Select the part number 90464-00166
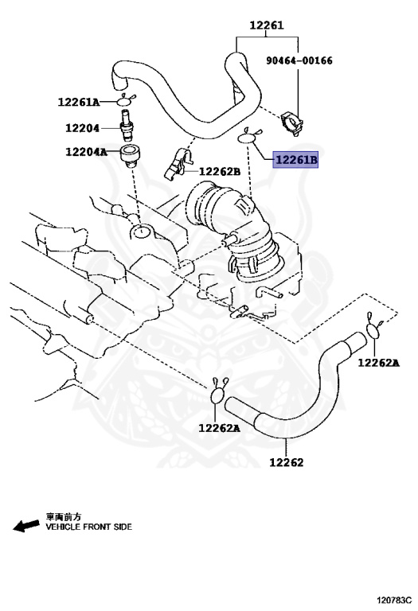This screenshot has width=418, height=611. (299, 60)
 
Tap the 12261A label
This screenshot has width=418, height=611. (79, 102)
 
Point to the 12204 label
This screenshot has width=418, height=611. (84, 126)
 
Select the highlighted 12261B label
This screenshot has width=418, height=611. (296, 161)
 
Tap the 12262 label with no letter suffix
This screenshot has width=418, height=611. (285, 461)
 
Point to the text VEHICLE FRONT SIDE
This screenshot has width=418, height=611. (88, 527)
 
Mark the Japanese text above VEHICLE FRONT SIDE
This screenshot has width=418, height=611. (63, 516)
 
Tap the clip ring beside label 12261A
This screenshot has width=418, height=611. (125, 100)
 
